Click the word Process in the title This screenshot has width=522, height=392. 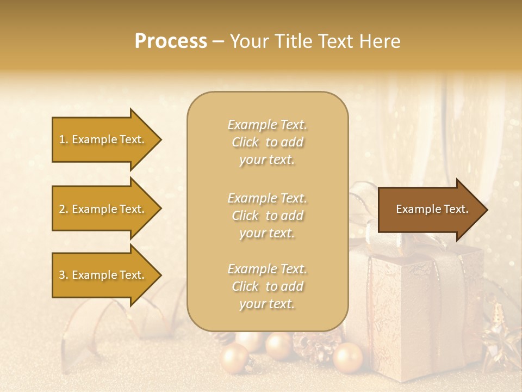coord(171,41)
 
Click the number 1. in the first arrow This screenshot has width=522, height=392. coord(64,140)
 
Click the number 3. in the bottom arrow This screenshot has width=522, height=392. coord(64,275)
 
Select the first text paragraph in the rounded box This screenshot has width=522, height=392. coord(267,142)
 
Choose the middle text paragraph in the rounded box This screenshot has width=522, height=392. coord(267,216)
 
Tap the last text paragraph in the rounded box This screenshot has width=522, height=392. coord(267,286)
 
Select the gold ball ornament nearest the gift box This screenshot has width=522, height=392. coord(347,358)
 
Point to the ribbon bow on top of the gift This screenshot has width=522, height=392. coord(375,218)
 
